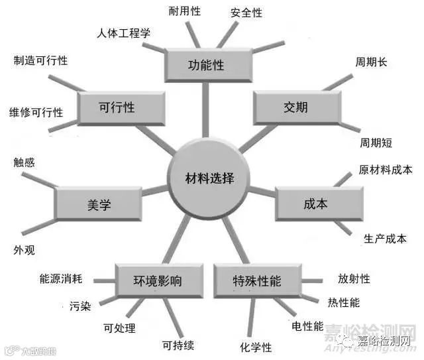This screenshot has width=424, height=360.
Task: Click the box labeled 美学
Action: (98, 205)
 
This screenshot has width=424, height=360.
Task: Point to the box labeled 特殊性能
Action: (257, 280)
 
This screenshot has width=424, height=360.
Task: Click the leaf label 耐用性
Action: (184, 11)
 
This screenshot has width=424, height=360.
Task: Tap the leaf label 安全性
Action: (246, 13)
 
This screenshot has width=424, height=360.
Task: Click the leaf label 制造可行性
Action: (40, 61)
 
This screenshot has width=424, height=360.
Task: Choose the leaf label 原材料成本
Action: (385, 170)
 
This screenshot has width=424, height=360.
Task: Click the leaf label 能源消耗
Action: (60, 278)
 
